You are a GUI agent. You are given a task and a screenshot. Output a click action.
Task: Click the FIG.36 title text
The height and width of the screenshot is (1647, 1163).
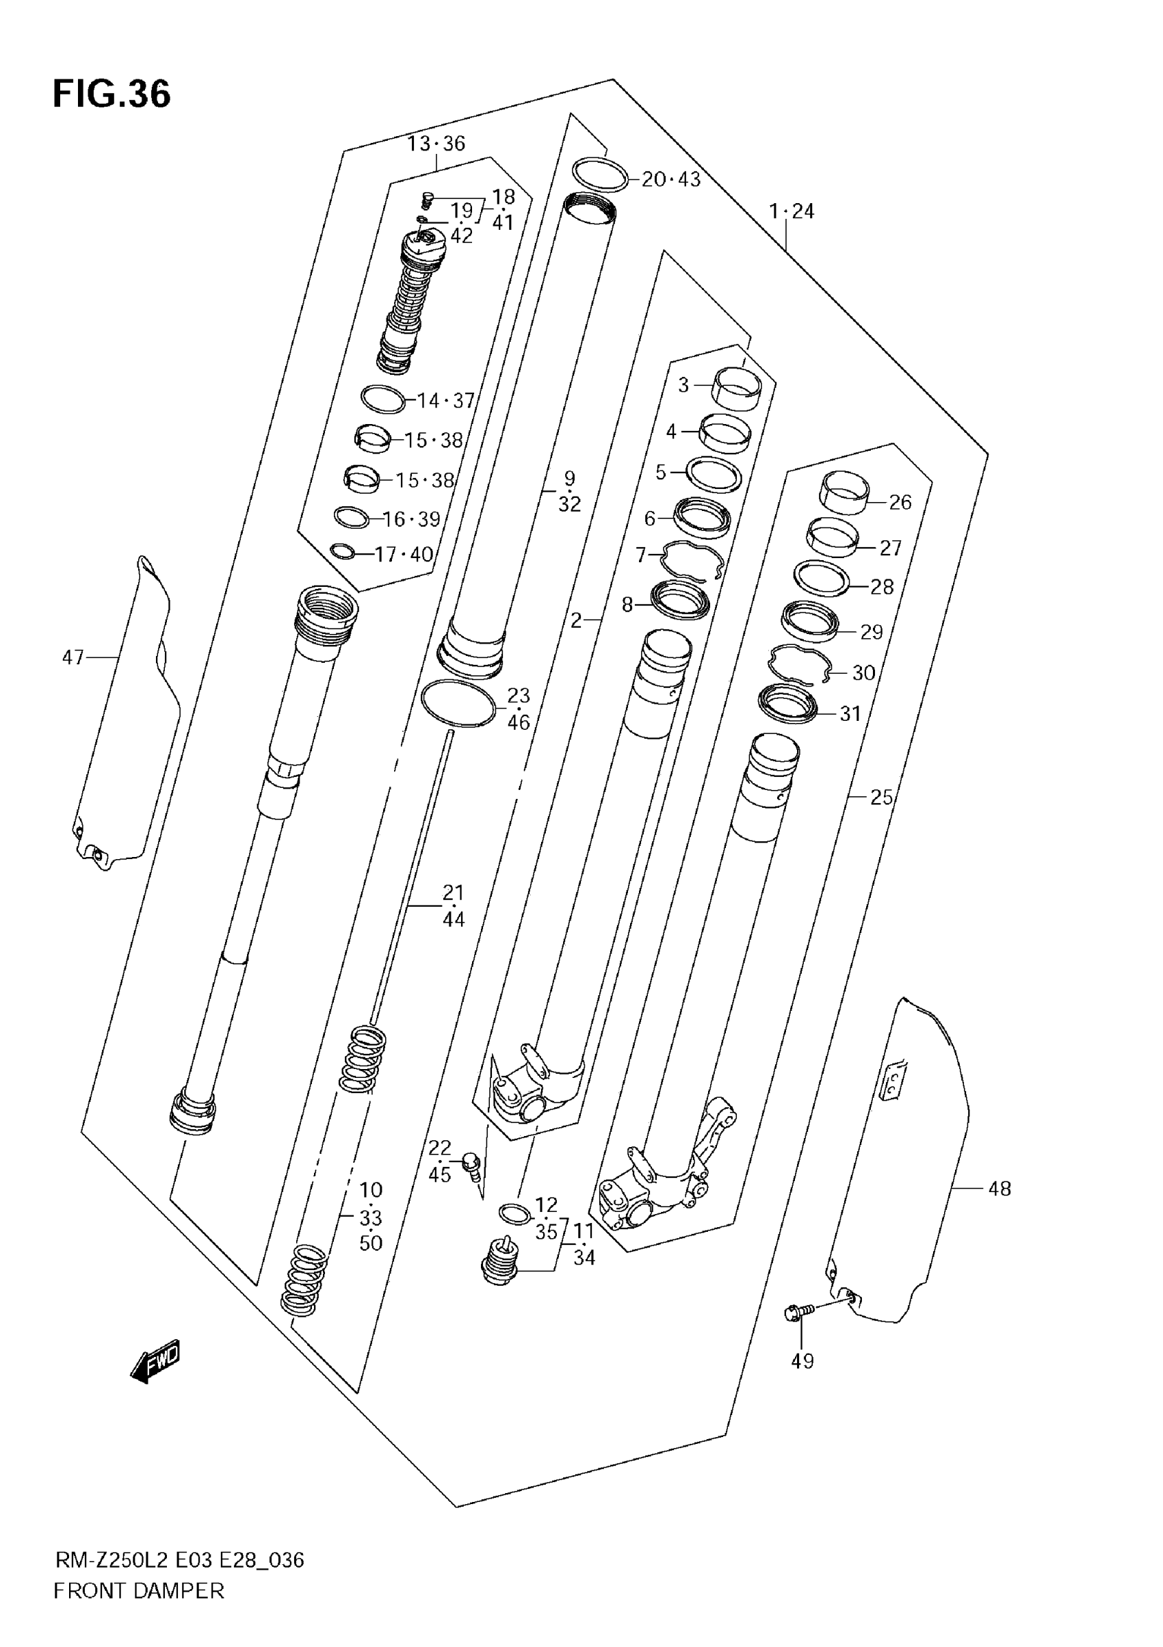[x=112, y=94]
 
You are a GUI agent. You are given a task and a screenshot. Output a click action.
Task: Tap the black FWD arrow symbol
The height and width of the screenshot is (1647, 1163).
[x=155, y=1361]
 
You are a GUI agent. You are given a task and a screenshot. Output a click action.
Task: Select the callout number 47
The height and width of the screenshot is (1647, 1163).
[x=73, y=657]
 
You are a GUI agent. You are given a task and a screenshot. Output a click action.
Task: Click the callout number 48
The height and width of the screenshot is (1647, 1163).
[x=999, y=1189]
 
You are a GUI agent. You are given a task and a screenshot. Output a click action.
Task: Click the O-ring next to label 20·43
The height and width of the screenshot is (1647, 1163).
[x=601, y=174]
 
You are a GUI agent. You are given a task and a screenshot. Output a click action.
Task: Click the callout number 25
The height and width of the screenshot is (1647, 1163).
[x=881, y=797]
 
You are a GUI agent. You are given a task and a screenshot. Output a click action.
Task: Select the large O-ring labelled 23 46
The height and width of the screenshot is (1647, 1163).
[x=458, y=703]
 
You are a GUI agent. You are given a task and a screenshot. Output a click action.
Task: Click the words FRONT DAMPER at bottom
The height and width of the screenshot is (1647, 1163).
[x=138, y=1611]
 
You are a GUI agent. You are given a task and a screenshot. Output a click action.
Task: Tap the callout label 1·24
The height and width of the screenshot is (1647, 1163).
[x=792, y=211]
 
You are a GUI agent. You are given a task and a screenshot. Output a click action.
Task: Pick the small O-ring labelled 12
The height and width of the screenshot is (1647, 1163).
[x=514, y=1215]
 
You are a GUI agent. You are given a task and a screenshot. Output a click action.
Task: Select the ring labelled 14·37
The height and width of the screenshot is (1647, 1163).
[x=383, y=399]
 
